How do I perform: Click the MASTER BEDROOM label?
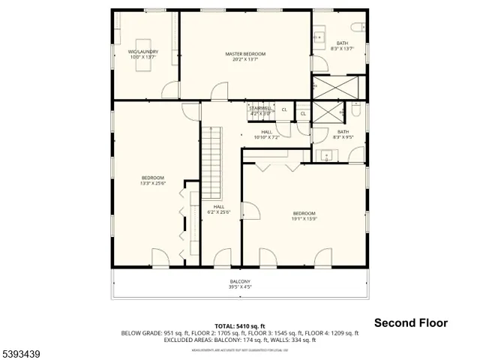pyautogui.click(x=245, y=54)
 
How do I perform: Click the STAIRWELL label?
pyautogui.click(x=261, y=108)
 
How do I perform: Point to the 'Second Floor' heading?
pyautogui.click(x=411, y=322)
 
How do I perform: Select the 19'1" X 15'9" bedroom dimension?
pyautogui.click(x=304, y=219)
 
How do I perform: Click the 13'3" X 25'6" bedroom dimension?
pyautogui.click(x=152, y=183)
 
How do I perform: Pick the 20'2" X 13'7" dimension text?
pyautogui.click(x=245, y=60)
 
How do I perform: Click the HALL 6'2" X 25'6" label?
pyautogui.click(x=218, y=209)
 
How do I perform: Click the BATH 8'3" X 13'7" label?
pyautogui.click(x=342, y=45)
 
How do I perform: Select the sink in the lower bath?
pyautogui.click(x=326, y=155)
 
